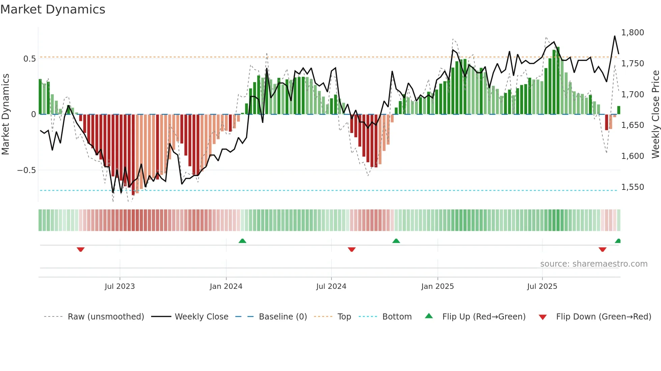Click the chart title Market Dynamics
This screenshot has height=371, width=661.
(53, 9)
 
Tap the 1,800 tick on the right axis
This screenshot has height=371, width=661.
(632, 33)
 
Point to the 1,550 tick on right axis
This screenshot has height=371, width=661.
(632, 187)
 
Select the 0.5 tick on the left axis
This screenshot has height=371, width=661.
(29, 59)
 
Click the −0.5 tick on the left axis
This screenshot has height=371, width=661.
(27, 170)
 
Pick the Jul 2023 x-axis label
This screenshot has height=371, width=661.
(120, 286)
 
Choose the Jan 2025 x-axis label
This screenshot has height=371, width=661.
(437, 286)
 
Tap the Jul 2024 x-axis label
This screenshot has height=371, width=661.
(331, 286)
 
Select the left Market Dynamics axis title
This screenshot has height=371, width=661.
(5, 114)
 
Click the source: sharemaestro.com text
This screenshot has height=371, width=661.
(594, 264)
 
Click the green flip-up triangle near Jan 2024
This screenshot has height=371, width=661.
(242, 241)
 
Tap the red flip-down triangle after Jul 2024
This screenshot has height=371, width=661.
(351, 249)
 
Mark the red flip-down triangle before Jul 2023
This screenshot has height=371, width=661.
(81, 249)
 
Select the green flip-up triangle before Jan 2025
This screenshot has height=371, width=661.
(396, 241)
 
